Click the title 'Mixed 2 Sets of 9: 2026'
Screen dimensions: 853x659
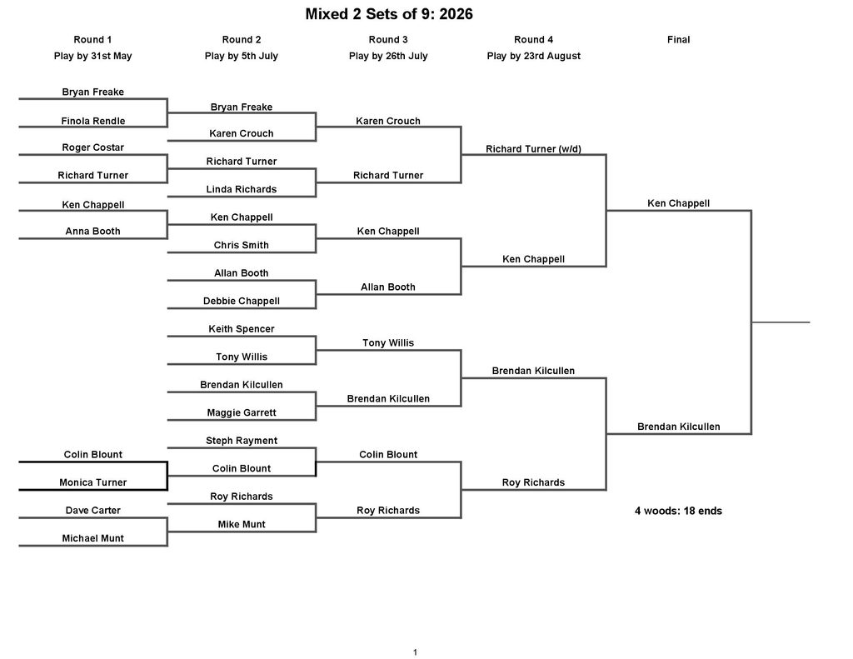tap(389, 14)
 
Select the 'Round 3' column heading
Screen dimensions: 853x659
tap(388, 40)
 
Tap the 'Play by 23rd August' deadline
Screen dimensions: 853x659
tap(534, 56)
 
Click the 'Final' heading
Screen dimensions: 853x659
tap(678, 40)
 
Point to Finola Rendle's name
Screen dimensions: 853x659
tap(93, 121)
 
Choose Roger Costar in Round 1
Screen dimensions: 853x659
tap(93, 147)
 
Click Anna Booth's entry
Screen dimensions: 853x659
tap(93, 232)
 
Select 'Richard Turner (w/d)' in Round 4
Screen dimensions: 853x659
tap(534, 149)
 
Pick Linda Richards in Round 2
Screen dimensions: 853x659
tap(242, 189)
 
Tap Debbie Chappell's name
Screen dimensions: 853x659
tap(242, 301)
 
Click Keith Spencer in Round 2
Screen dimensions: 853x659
tap(242, 329)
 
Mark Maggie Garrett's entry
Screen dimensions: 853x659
tap(242, 412)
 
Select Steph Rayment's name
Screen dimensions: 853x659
tap(242, 441)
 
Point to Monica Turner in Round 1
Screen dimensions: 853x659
tap(93, 482)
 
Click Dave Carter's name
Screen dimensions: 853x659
tap(93, 511)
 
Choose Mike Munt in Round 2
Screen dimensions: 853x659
tap(242, 524)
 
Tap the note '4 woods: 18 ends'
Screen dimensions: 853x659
tap(678, 511)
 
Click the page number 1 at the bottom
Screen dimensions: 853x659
tap(415, 652)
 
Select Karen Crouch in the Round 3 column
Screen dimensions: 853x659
tap(388, 121)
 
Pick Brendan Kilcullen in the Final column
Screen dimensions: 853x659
tap(678, 427)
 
